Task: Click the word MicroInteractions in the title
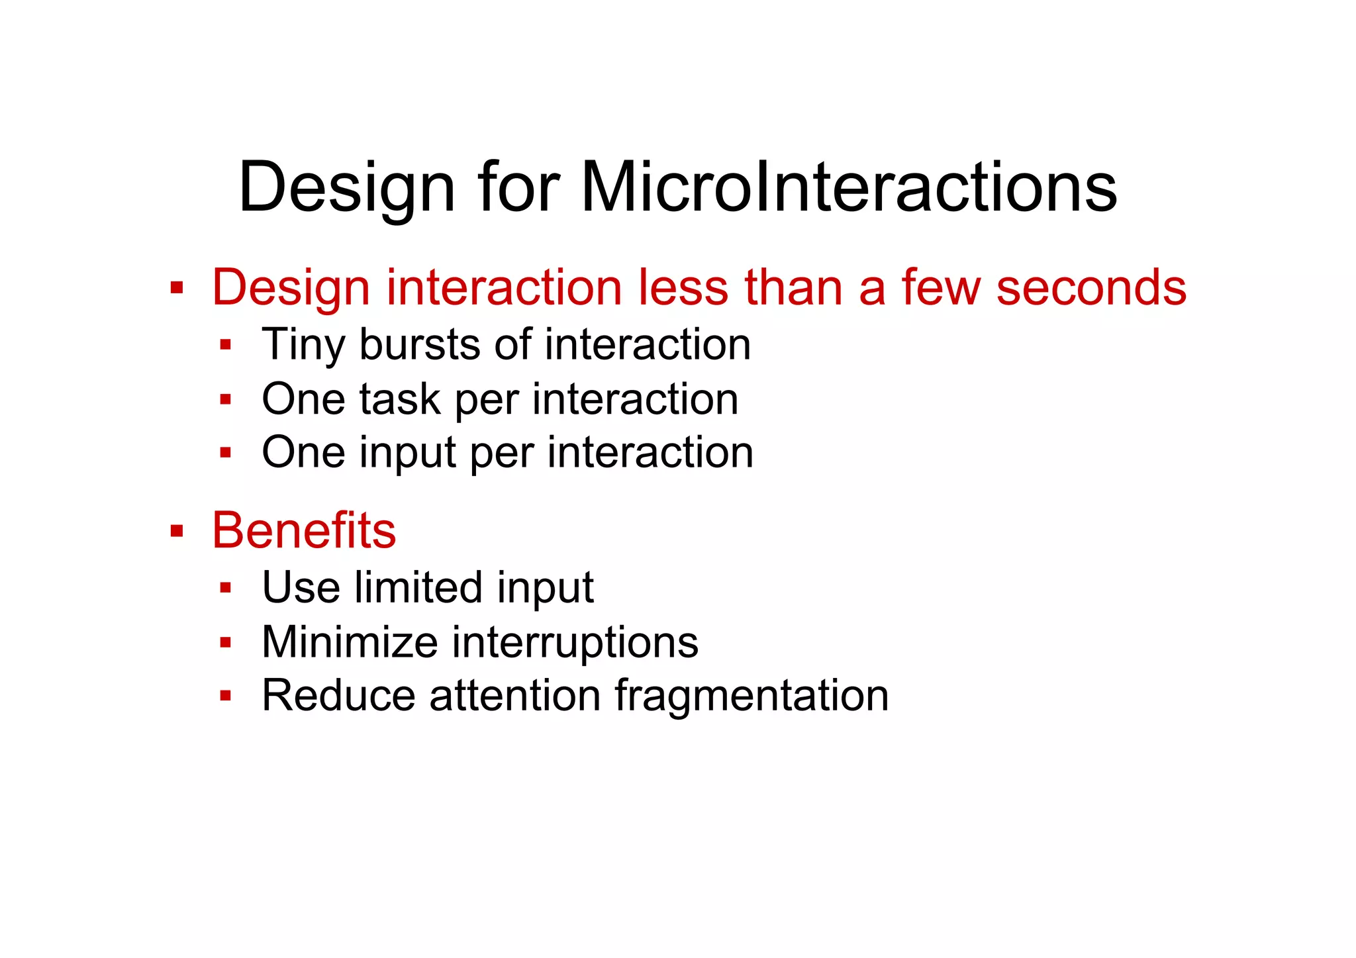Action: [x=849, y=187]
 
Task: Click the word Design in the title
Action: [x=346, y=187]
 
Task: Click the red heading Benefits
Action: [x=304, y=530]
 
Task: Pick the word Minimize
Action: [x=350, y=642]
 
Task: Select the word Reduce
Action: [x=339, y=695]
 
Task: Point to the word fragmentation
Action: [x=751, y=695]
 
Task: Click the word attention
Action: [x=514, y=695]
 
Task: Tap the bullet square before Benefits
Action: [x=176, y=531]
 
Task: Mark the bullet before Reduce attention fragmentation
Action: [x=226, y=696]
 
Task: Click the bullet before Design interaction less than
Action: [x=176, y=288]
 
